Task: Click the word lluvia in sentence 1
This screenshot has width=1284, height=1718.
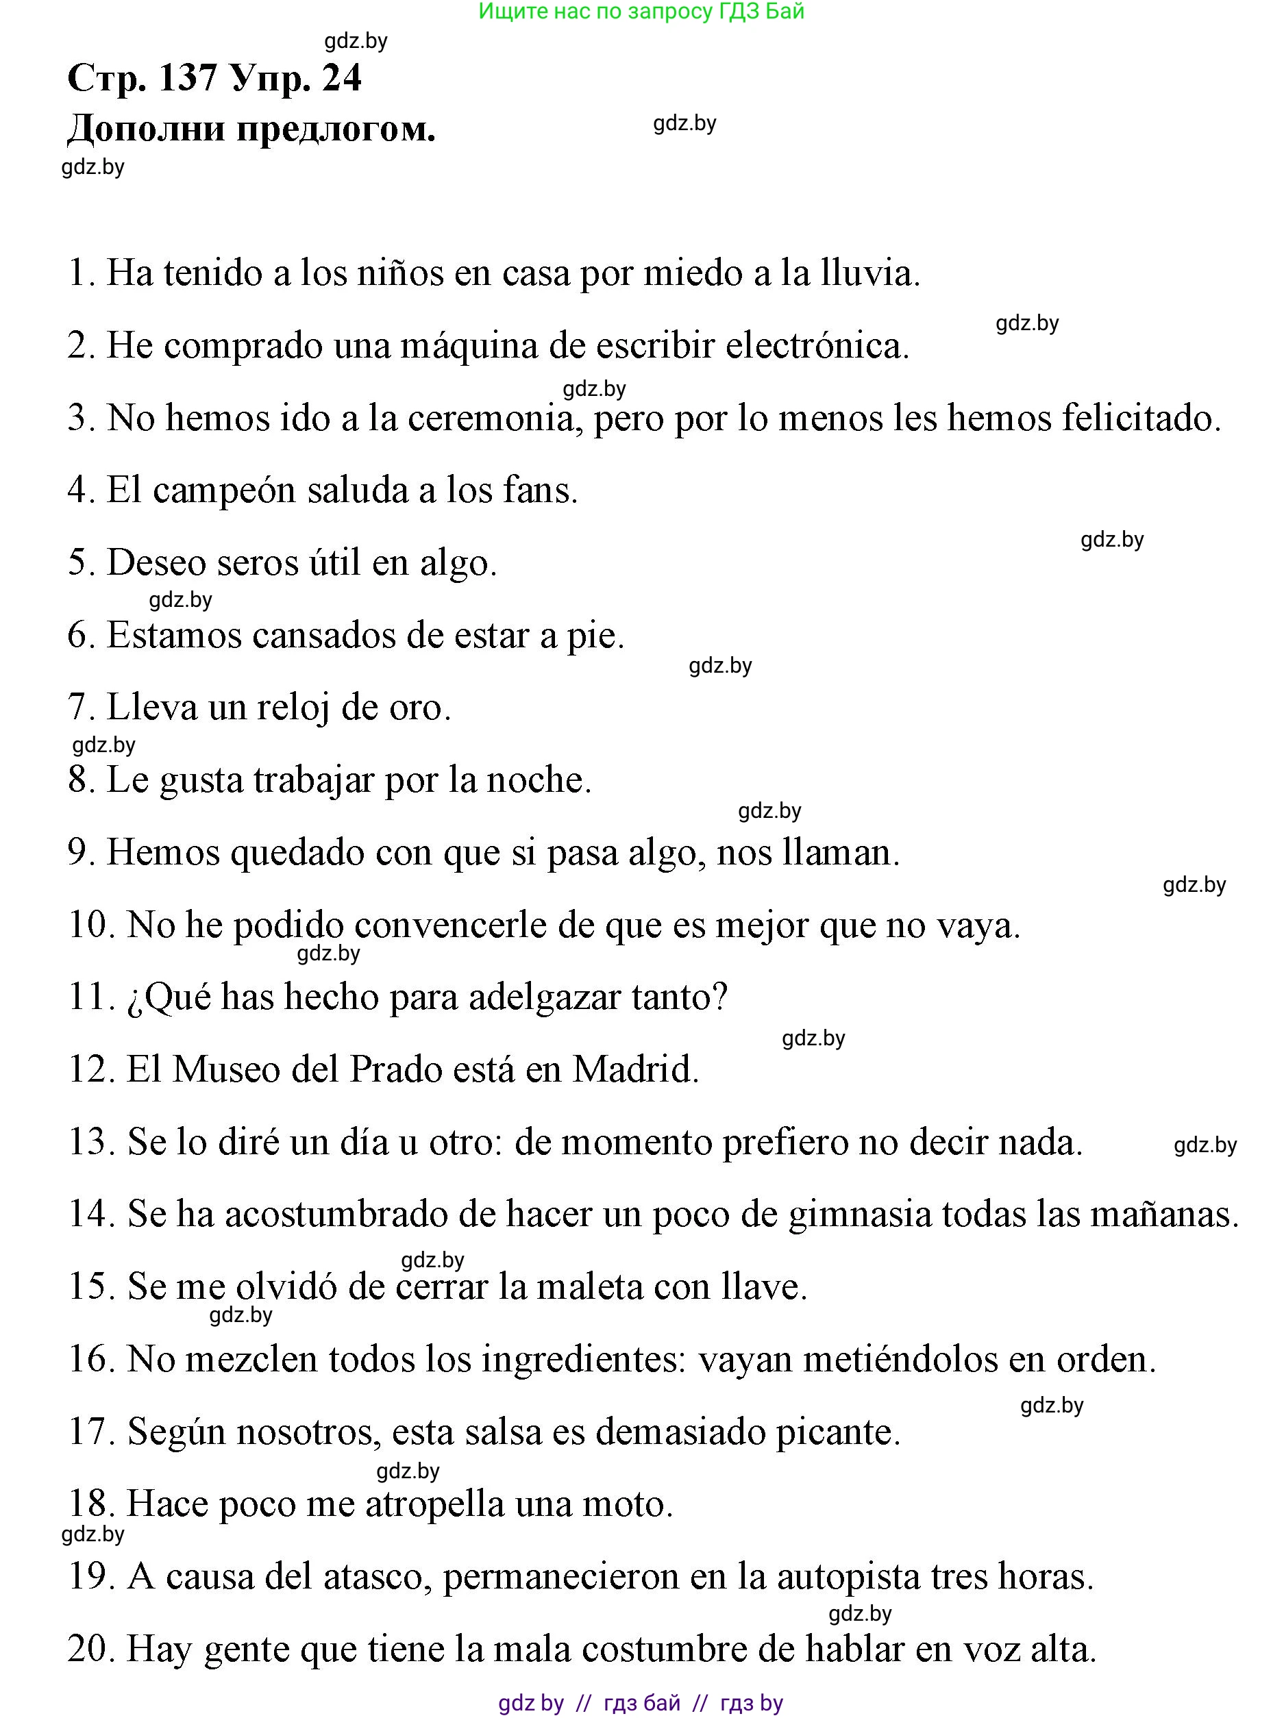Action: (x=869, y=273)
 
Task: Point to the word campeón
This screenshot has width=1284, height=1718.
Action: (x=225, y=491)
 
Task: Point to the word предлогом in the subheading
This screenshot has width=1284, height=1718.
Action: (x=336, y=129)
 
